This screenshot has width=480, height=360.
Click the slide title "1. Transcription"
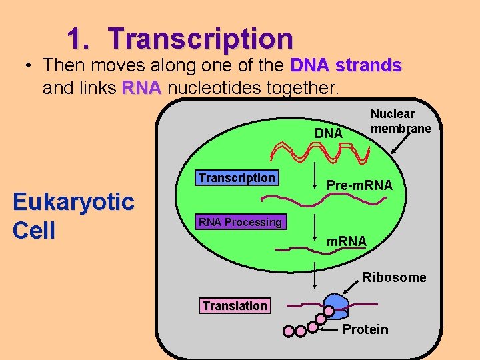point(180,38)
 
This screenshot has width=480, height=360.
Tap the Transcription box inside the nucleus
point(236,178)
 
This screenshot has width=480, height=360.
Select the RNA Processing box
point(238,222)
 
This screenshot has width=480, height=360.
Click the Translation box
point(235,305)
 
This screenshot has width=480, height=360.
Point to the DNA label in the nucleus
point(328,133)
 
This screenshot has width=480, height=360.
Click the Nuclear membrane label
point(401,121)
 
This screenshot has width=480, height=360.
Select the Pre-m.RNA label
point(359,185)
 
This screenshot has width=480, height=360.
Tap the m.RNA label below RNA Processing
point(346,240)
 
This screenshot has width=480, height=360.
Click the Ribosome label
point(394,277)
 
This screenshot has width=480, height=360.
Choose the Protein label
point(365,329)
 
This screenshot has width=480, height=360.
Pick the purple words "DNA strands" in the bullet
point(346,65)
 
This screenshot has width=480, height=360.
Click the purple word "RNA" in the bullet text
point(141,88)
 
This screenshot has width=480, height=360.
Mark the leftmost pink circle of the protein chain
point(289,331)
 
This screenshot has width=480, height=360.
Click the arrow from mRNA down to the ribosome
point(315,275)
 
